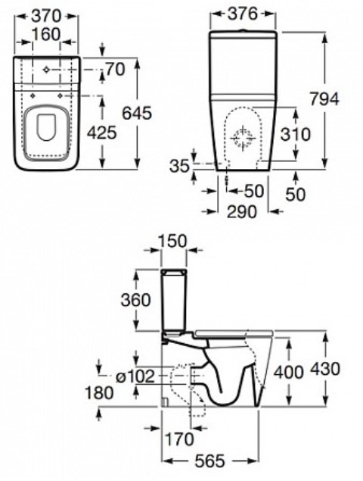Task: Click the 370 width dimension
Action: click(x=47, y=16)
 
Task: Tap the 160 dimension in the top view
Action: click(x=46, y=34)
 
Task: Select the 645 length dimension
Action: click(x=137, y=113)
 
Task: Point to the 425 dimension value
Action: click(x=101, y=133)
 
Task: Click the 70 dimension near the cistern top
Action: click(x=115, y=70)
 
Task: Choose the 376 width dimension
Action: click(x=243, y=14)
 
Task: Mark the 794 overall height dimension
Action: click(x=324, y=98)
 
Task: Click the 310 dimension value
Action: click(x=296, y=134)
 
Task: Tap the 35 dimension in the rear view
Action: click(x=180, y=166)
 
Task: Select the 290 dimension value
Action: click(x=242, y=211)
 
